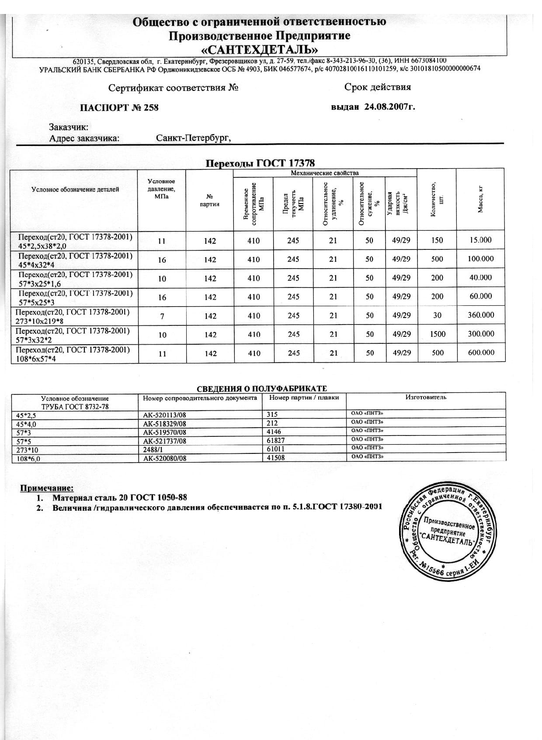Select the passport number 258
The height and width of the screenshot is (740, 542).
coord(151,107)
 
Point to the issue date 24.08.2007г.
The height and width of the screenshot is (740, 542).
coord(389,106)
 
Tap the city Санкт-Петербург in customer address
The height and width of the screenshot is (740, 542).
coord(193,138)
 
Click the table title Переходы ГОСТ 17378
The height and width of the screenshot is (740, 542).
coord(260,163)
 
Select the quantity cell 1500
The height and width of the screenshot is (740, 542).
coord(437,334)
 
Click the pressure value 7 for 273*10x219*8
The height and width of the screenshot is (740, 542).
coord(162,316)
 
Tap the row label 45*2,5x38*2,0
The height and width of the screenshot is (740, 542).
coord(42,246)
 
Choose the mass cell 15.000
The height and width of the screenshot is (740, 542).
coord(480,240)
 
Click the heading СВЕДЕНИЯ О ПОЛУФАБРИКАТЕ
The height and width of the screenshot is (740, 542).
coord(261,389)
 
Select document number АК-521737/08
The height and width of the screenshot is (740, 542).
coord(165,441)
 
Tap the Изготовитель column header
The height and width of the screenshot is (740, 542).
coord(426,397)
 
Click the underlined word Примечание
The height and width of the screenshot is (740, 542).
coord(47,488)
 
